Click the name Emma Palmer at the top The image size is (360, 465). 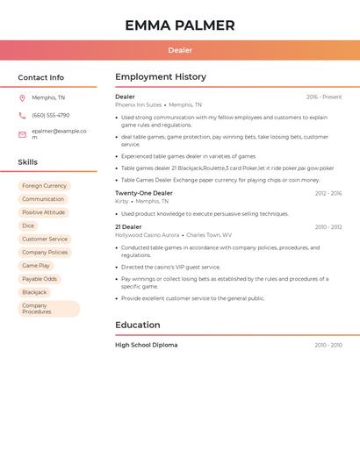tap(180, 25)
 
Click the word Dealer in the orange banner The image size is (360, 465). tap(180, 50)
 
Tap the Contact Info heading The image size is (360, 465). tap(41, 77)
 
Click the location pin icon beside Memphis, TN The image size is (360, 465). tap(22, 97)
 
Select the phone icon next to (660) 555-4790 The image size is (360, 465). tap(22, 115)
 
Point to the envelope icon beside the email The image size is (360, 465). tap(22, 134)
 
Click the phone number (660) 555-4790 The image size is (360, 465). tap(50, 115)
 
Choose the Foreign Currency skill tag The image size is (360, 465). tap(44, 186)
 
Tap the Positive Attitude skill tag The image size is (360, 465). tap(43, 212)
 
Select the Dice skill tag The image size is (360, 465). tap(28, 225)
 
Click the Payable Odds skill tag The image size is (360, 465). tap(40, 279)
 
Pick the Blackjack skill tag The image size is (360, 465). tap(34, 292)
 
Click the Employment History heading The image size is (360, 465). tap(161, 77)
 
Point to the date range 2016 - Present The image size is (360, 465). tap(324, 97)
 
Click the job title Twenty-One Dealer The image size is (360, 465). tap(144, 193)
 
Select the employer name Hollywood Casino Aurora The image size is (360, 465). tap(147, 235)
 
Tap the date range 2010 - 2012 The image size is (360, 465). tap(328, 227)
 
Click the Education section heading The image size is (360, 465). tap(138, 325)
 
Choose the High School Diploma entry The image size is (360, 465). tap(147, 345)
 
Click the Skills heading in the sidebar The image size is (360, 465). tap(28, 162)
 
